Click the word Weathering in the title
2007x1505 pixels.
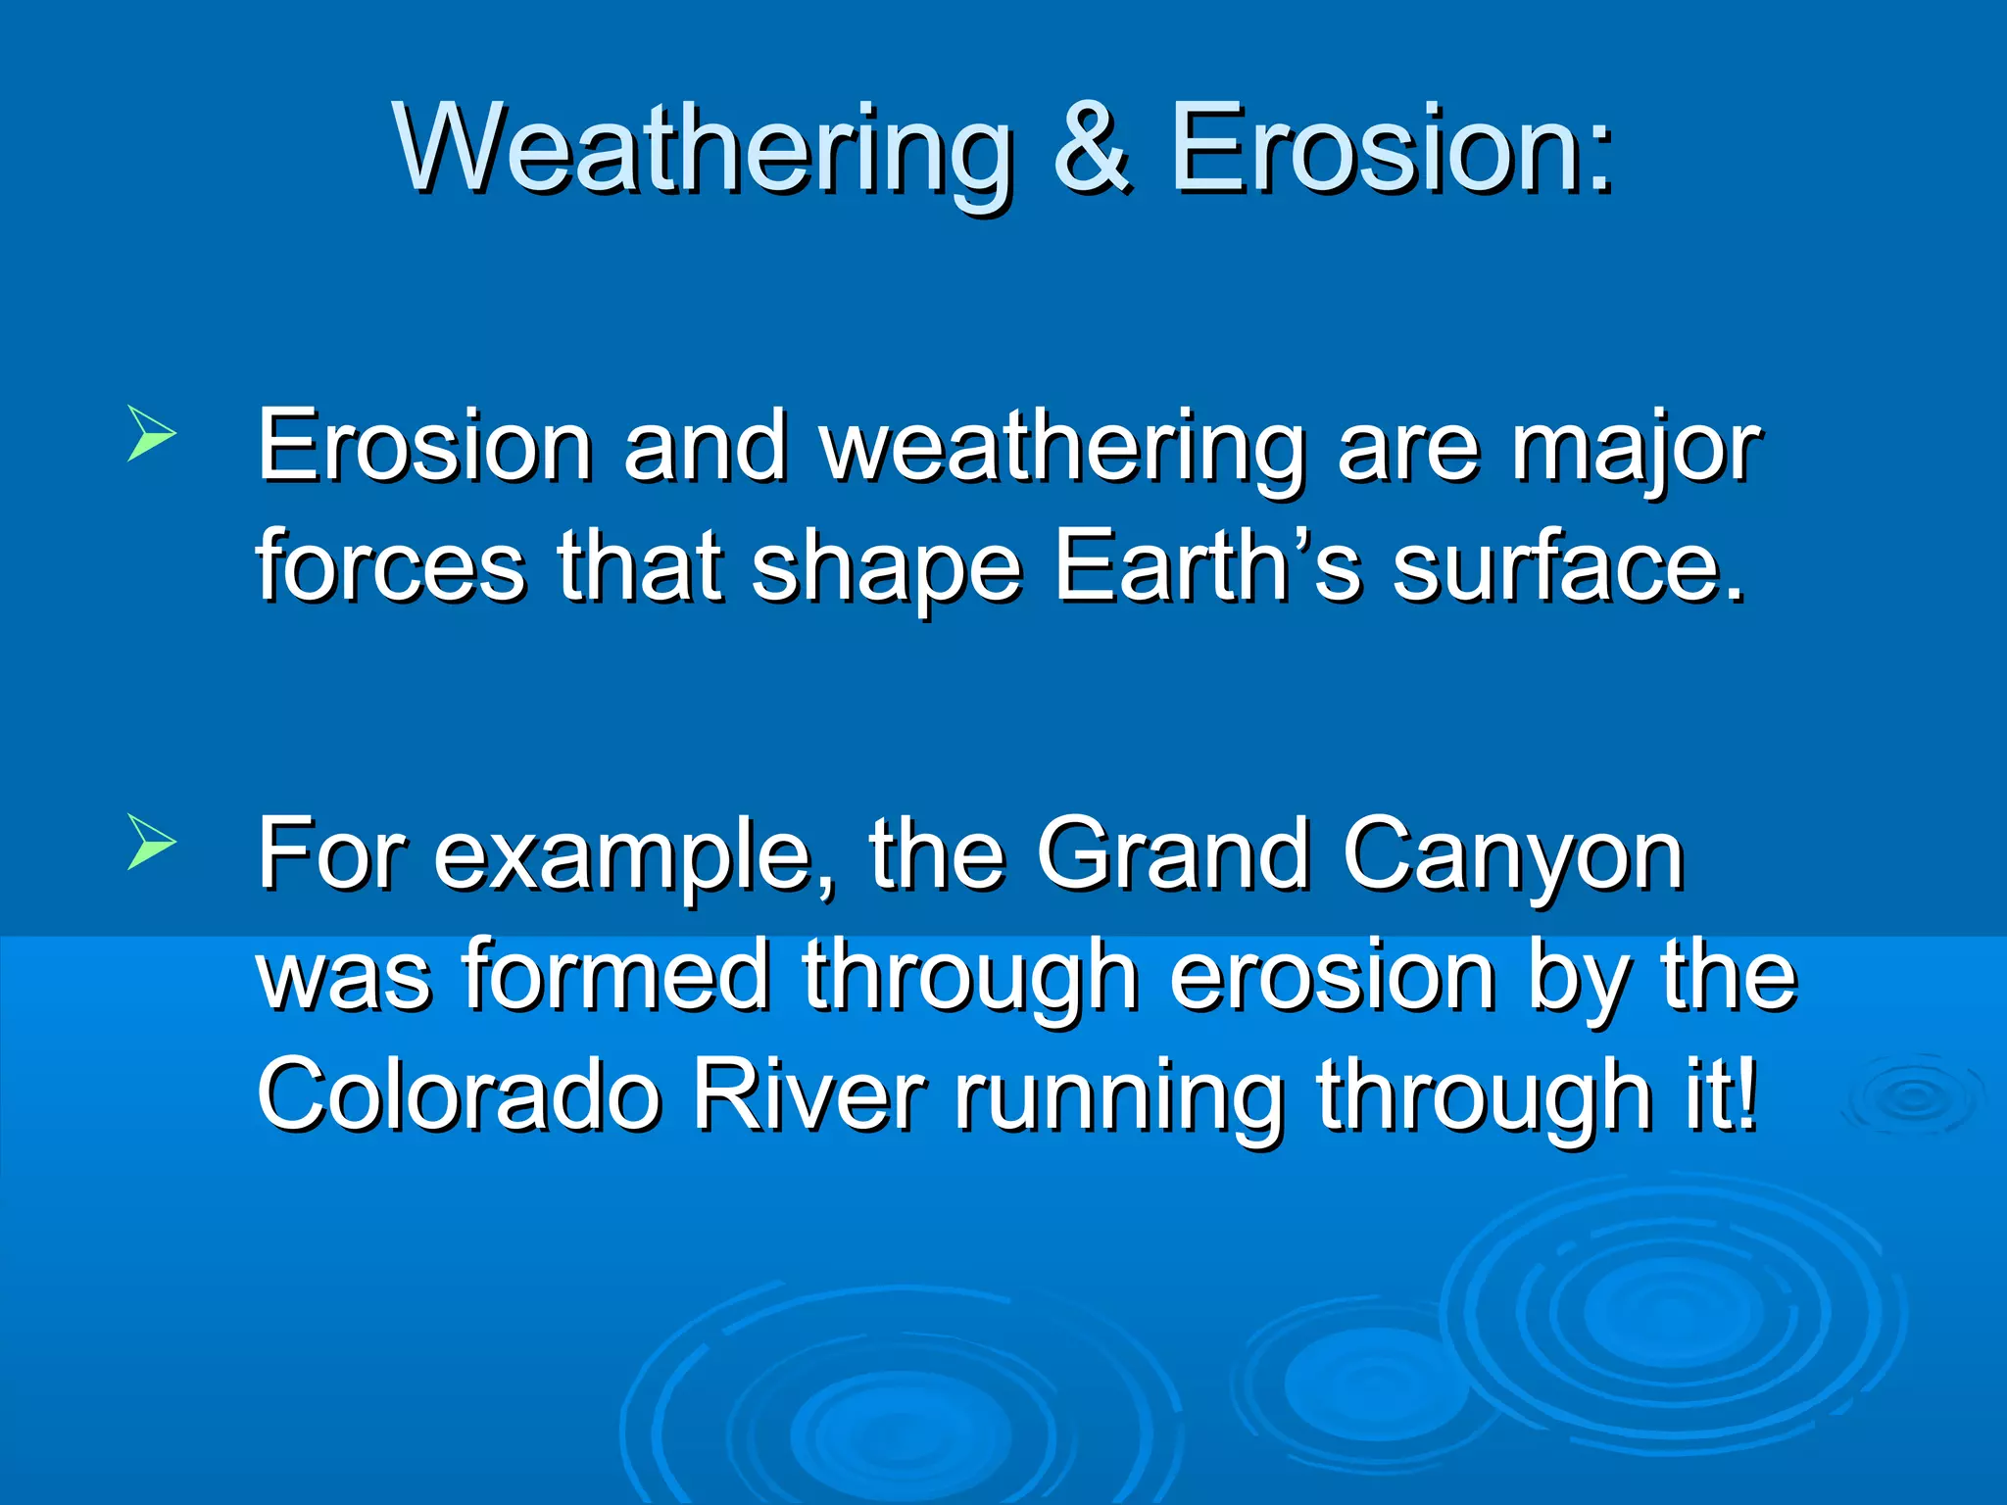pyautogui.click(x=704, y=149)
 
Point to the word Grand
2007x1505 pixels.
pyautogui.click(x=1172, y=854)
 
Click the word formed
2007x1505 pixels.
pyautogui.click(x=616, y=974)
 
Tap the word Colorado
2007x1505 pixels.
pyautogui.click(x=459, y=1094)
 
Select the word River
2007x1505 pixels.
pyautogui.click(x=808, y=1094)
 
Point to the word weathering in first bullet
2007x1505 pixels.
pyautogui.click(x=1063, y=449)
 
